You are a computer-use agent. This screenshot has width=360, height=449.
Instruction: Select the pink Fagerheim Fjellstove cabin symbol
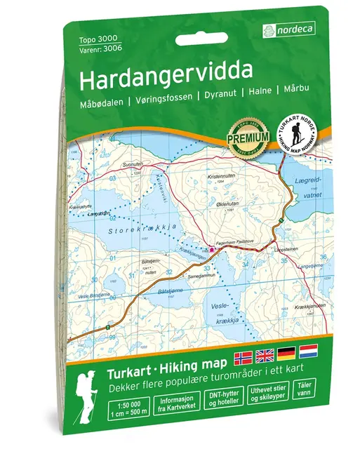(x=211, y=248)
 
